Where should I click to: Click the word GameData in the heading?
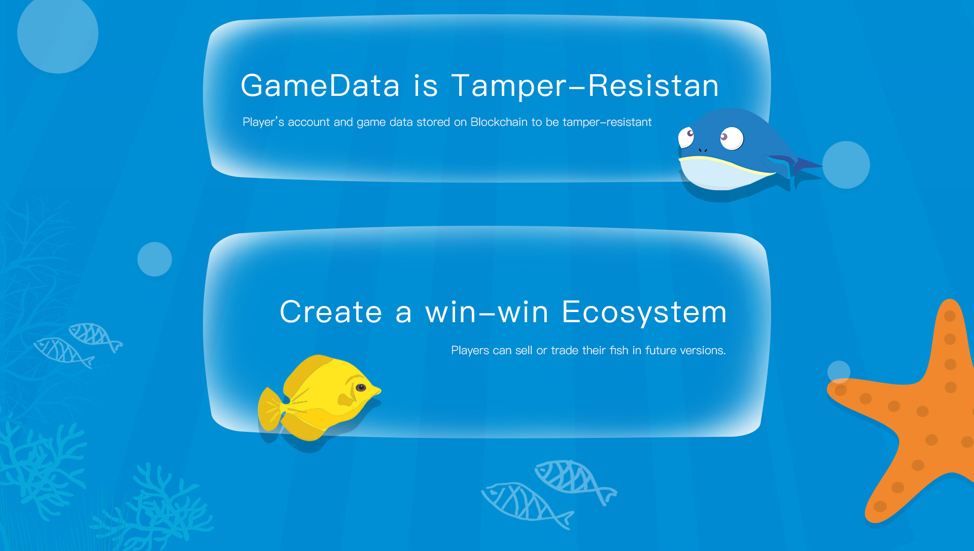(320, 85)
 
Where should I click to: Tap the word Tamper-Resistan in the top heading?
(585, 85)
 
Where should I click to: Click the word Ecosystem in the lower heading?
(644, 312)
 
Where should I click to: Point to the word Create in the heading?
(331, 312)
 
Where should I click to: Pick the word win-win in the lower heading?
(487, 312)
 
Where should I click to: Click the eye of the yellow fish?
(361, 388)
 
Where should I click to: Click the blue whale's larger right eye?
(731, 138)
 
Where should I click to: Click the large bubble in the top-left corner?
(58, 33)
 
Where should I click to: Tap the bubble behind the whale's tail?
(846, 165)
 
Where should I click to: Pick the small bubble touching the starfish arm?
(839, 372)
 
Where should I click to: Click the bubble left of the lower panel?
(155, 259)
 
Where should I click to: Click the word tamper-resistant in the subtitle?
(607, 122)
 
